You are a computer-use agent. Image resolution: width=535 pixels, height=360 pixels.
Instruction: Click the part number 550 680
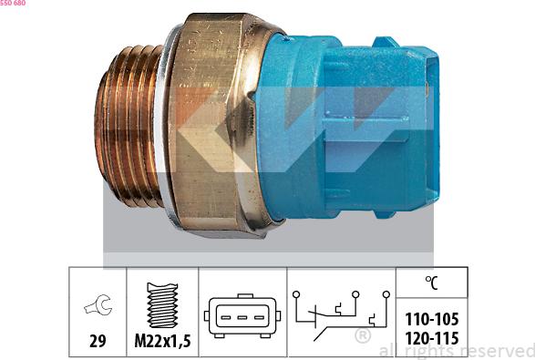click(13, 4)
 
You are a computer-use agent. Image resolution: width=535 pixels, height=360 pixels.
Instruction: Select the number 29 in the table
click(95, 342)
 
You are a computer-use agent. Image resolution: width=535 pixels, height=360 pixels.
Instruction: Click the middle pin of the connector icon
click(242, 318)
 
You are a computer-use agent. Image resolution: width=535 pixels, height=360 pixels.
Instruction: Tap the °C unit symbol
click(431, 283)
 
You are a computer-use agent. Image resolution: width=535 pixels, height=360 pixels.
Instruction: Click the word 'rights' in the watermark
click(428, 351)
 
